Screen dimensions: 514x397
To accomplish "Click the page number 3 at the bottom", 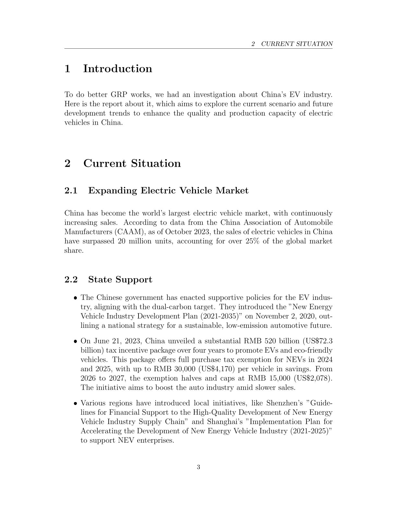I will click(198, 467).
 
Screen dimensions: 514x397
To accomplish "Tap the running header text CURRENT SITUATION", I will click(297, 44).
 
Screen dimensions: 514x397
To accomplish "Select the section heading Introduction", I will click(117, 68).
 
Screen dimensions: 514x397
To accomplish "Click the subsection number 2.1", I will click(71, 190).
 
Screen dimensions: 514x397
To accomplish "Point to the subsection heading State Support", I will click(120, 279).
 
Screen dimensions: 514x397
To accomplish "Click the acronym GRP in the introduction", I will click(119, 95).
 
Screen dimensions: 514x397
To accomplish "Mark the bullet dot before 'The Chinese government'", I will click(75, 298).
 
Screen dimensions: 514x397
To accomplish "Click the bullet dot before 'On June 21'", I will click(75, 341).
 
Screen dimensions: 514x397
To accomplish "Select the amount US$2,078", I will click(312, 378).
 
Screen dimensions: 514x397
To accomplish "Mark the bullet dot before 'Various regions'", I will click(75, 403).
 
